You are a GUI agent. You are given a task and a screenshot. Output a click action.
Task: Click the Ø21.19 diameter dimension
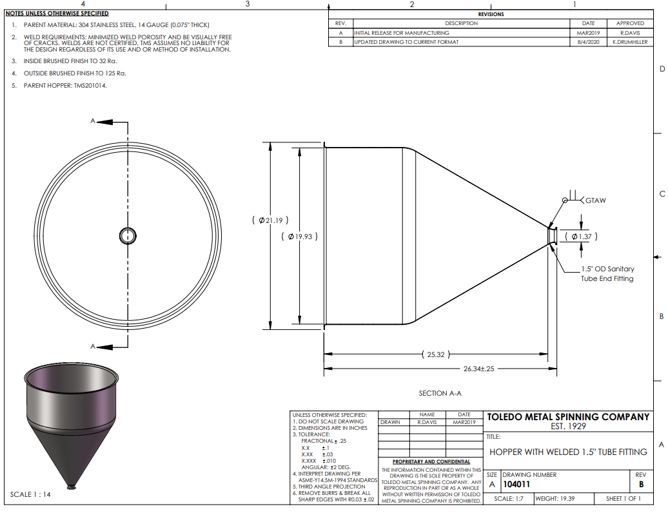point(270,220)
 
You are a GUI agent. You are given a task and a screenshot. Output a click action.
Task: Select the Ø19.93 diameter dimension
point(299,237)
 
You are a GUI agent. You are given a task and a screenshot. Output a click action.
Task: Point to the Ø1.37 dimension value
point(581,237)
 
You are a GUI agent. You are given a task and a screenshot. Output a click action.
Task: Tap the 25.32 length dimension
point(435,354)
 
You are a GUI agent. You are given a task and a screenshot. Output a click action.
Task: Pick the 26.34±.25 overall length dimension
point(479,369)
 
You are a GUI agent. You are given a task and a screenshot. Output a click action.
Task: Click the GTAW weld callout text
point(596,200)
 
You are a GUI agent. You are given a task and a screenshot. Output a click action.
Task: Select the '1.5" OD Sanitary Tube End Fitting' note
point(607,274)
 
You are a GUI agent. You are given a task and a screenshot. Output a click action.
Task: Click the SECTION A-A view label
point(440,393)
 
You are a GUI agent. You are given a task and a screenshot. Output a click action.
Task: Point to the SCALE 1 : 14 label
point(30,494)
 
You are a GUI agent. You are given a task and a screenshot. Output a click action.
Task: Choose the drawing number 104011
point(516,484)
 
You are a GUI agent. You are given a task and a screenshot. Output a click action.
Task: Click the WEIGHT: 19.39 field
point(555,499)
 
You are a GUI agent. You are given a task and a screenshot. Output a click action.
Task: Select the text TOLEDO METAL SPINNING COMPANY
point(568,417)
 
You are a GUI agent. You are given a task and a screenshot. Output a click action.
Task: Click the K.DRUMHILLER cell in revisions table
point(630,42)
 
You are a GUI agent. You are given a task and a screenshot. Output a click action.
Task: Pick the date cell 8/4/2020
point(588,42)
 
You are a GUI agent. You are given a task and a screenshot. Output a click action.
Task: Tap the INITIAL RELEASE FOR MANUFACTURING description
point(402,33)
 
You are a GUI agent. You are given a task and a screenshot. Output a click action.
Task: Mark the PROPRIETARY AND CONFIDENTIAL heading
point(431,461)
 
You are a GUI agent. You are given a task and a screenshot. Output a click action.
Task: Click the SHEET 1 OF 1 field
point(624,499)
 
